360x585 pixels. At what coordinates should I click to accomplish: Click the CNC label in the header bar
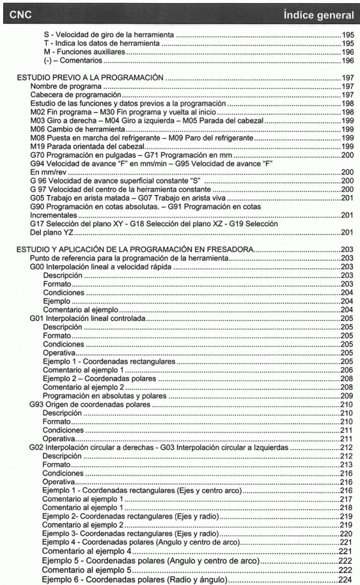click(20, 13)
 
